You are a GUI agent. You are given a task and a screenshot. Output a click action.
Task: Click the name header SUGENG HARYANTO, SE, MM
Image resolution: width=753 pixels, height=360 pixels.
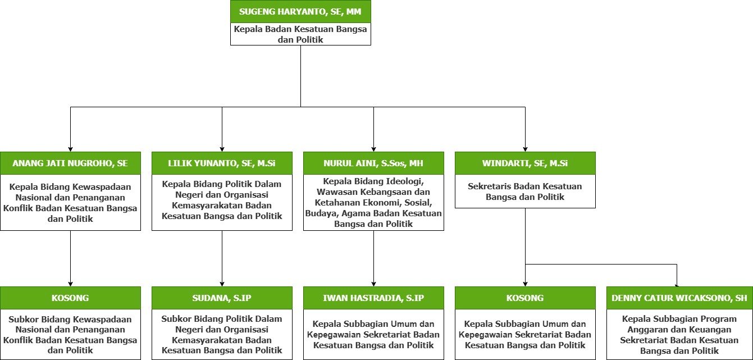coord(300,11)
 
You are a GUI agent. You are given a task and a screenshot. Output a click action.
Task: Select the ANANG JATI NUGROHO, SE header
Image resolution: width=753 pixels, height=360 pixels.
coord(70,163)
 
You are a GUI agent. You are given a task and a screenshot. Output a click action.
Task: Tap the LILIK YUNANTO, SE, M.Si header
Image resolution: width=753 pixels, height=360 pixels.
coord(222,163)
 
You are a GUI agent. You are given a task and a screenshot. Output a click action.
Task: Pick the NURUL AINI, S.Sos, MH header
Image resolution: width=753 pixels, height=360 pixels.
coord(373,163)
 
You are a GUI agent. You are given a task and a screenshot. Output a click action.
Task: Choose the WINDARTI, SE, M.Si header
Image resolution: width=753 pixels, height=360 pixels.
coord(525,163)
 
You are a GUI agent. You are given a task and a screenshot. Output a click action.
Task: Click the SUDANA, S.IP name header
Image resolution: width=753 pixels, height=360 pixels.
coord(222,298)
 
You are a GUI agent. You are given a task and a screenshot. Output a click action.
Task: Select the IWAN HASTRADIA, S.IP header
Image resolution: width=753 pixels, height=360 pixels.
coord(373,298)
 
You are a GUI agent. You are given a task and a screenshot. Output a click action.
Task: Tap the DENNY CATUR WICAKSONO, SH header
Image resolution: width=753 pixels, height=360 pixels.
coord(679,298)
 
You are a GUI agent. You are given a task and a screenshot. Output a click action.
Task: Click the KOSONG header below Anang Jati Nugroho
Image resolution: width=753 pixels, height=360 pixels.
coord(70,298)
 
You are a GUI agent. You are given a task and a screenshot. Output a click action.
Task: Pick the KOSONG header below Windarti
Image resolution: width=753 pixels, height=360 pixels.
coord(525,298)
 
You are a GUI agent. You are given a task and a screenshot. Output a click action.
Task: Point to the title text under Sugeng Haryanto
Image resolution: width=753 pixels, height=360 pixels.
coord(300,34)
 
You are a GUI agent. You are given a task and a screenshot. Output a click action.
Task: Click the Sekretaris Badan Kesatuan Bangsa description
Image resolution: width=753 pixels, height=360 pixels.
coord(525,192)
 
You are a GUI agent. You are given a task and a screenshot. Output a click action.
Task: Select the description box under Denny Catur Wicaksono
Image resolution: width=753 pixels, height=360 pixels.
coord(679,335)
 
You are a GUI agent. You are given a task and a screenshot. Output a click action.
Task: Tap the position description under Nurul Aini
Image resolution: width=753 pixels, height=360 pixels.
coord(373,202)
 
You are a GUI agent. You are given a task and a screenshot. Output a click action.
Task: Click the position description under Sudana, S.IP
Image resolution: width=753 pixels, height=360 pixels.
coord(222,335)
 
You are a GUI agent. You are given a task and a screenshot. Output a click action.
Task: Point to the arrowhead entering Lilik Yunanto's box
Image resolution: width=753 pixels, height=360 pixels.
coord(222,149)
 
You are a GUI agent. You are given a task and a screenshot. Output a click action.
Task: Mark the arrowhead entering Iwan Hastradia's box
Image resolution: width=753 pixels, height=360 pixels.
coord(373,284)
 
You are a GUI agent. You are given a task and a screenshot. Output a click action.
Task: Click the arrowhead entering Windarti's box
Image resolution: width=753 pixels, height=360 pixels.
coord(525,149)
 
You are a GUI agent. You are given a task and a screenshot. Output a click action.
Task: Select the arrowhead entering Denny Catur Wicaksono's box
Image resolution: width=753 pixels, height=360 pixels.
coord(677,285)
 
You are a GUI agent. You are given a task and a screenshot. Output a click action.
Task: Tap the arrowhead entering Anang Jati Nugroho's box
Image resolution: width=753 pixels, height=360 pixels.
coord(70,149)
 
